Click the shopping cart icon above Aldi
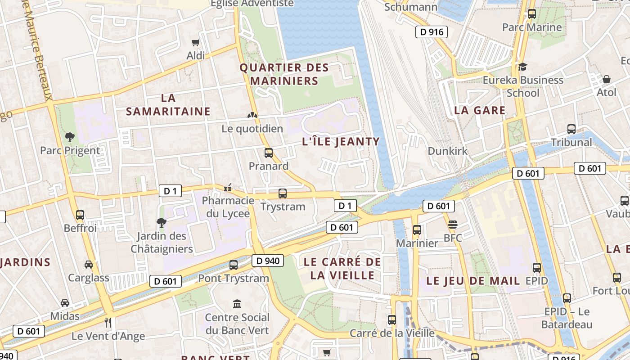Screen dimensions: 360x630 tap(195, 43)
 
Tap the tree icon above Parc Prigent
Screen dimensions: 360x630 tap(70, 137)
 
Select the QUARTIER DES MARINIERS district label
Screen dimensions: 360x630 tap(284, 74)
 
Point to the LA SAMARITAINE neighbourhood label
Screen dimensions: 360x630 tap(168, 104)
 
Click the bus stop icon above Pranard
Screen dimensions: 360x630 tap(269, 153)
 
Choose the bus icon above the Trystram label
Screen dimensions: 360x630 tap(283, 193)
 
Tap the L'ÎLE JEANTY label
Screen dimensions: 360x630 tap(341, 142)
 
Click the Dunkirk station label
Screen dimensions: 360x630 tap(447, 151)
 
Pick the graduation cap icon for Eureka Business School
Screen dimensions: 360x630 tap(522, 67)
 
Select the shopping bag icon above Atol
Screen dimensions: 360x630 tap(607, 79)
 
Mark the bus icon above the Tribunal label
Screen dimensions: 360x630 tap(571, 129)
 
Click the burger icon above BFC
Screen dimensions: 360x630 tap(453, 225)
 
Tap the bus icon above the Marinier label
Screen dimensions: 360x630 tap(417, 230)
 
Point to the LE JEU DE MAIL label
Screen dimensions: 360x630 tap(472, 281)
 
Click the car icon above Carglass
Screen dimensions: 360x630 tap(89, 265)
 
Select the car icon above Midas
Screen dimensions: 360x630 tap(65, 303)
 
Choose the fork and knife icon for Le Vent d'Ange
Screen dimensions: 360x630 tap(108, 322)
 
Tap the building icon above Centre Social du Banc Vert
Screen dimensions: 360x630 tap(237, 304)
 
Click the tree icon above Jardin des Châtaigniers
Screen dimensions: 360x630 tap(162, 222)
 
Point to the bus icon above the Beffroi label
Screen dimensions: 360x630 tap(80, 215)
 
